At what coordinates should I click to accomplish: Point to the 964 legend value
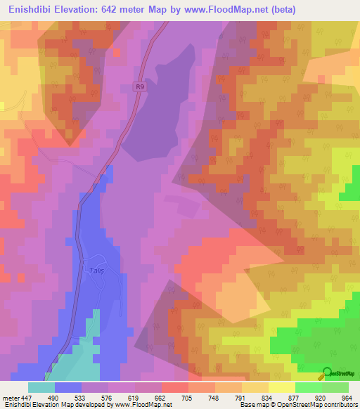click(347, 398)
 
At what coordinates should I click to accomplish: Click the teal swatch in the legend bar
click(41, 387)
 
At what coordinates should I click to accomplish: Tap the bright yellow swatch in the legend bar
click(281, 387)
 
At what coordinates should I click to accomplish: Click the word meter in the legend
click(11, 398)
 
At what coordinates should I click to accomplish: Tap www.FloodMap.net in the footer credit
click(144, 405)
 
